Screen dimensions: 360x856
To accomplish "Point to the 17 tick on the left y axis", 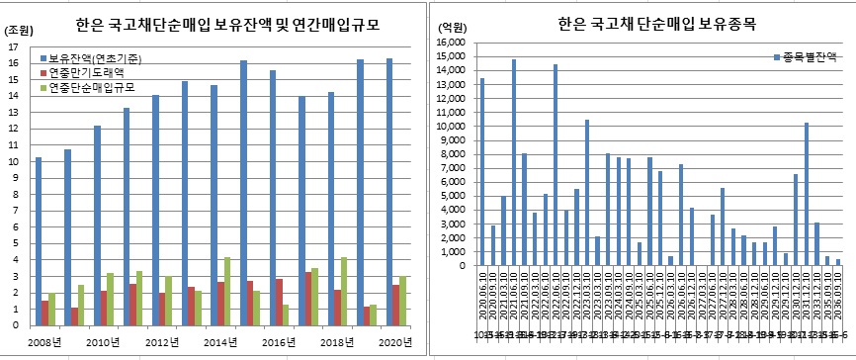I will tap(11, 46).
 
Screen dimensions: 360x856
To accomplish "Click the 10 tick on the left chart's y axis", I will tap(11, 161).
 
